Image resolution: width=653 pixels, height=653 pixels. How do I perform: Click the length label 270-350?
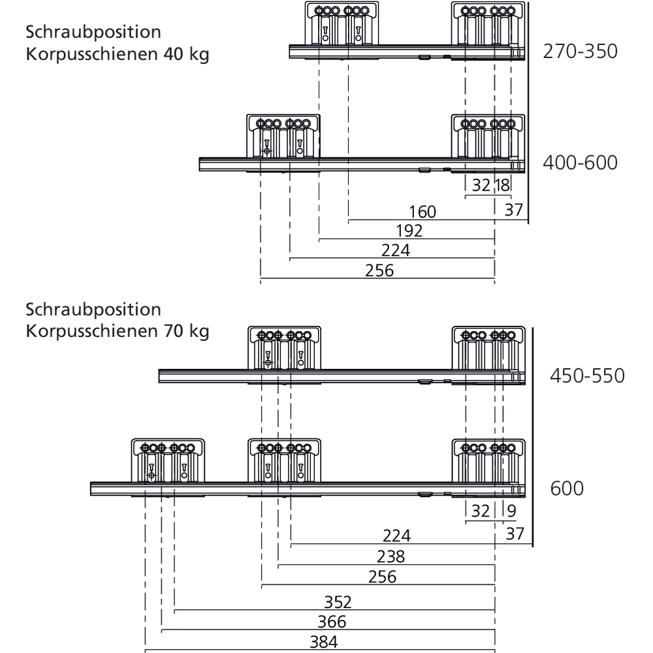coord(580,51)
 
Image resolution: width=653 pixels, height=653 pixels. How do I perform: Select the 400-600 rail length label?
coord(580,162)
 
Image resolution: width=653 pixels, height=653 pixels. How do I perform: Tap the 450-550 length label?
coord(587,376)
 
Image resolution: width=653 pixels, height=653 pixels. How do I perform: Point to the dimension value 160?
coord(422,212)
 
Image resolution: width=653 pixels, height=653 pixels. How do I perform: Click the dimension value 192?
coord(409,231)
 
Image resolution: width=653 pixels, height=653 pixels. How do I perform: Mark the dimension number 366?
coord(332,622)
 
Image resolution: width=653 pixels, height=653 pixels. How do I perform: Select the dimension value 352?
coord(338,601)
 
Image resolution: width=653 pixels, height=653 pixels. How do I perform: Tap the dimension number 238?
coord(390,556)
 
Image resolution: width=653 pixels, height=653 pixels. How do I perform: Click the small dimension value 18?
coord(502,185)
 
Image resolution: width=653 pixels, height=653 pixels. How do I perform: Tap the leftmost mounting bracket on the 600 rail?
coord(168,460)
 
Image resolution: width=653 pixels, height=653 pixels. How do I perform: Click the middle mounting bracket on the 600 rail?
coord(285,460)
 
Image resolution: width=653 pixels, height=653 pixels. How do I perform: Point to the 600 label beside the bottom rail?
coord(567,488)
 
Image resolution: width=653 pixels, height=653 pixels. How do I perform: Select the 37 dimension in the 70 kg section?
coord(515,534)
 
